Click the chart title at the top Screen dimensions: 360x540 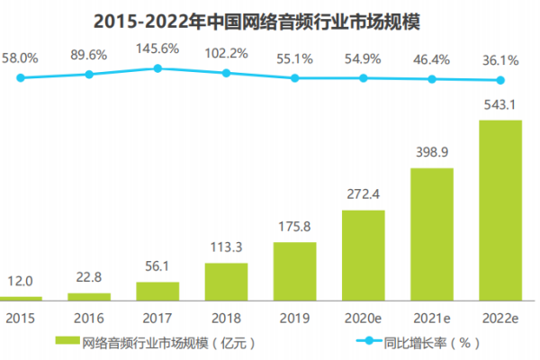pyautogui.click(x=270, y=21)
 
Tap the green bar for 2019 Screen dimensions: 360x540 pyautogui.click(x=295, y=271)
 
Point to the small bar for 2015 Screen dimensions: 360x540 pyautogui.click(x=21, y=298)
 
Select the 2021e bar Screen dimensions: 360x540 pyautogui.click(x=432, y=233)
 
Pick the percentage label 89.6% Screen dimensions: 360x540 pyautogui.click(x=89, y=56)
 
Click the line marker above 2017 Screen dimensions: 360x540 pyautogui.click(x=157, y=68)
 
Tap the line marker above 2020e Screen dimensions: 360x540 pyautogui.click(x=364, y=78)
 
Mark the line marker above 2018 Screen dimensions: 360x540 pyautogui.click(x=226, y=73)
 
